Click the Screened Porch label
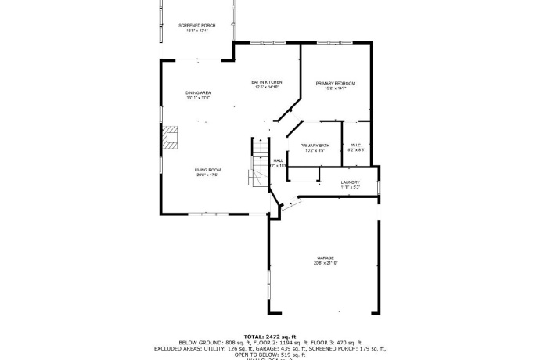(x=196, y=25)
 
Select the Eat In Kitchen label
(x=266, y=82)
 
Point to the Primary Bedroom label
(x=336, y=83)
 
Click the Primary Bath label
(x=314, y=146)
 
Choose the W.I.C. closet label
(x=356, y=145)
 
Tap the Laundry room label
(x=350, y=182)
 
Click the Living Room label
(x=208, y=170)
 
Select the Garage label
(x=326, y=257)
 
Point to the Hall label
(x=278, y=160)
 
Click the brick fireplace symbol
(x=170, y=139)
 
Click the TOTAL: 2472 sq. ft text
(x=270, y=335)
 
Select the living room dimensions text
(x=207, y=175)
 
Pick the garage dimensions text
(x=326, y=263)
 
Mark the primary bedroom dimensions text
(x=336, y=88)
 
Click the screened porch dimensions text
(x=196, y=31)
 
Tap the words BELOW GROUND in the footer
(x=196, y=342)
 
